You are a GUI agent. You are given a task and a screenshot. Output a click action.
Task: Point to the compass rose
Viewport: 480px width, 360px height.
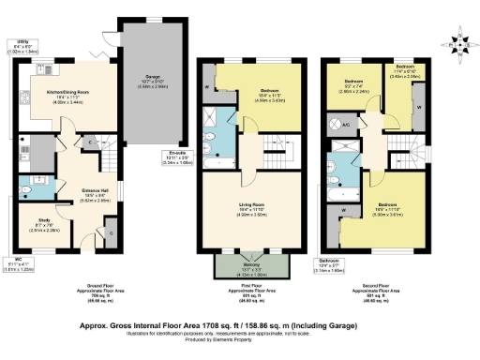pos(459,42)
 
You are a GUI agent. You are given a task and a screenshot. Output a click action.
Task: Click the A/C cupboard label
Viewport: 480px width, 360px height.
pos(345,124)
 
